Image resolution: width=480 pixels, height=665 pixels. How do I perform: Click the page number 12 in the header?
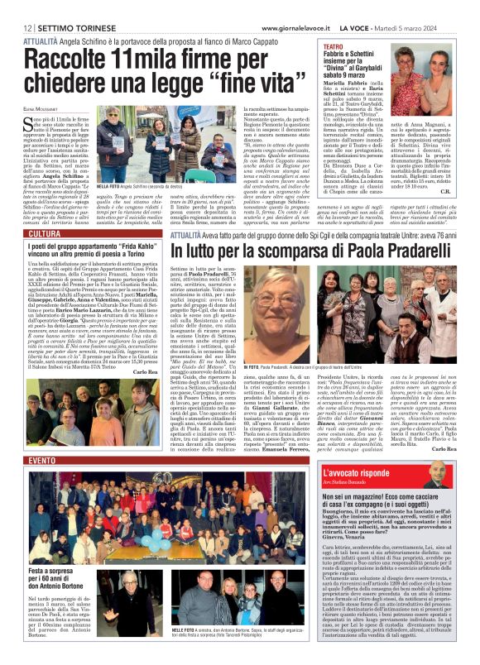[15, 7]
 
